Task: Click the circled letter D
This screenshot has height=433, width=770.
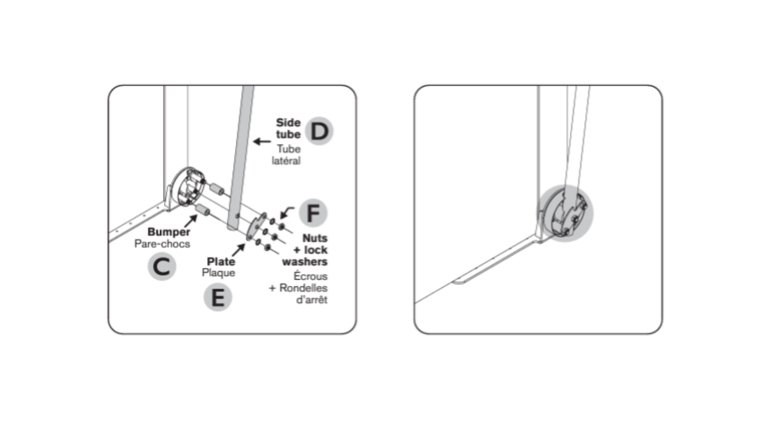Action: tap(319, 131)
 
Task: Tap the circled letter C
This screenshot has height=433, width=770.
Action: tap(162, 267)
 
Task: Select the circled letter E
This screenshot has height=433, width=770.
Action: tap(218, 297)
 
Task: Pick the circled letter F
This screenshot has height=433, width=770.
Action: tap(313, 213)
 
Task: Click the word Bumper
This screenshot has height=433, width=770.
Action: tap(169, 232)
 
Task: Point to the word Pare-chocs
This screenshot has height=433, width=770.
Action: tap(162, 244)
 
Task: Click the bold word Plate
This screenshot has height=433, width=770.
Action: tap(221, 261)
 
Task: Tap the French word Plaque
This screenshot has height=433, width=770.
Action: tap(219, 273)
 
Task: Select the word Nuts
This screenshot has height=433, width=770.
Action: tap(315, 238)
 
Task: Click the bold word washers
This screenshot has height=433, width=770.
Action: tap(305, 262)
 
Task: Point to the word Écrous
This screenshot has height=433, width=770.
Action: tap(310, 276)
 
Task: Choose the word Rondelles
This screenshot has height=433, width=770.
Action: tap(303, 288)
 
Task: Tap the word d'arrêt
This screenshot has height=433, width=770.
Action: tap(312, 299)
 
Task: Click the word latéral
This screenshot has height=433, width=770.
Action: tap(286, 161)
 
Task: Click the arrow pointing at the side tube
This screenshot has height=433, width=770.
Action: tap(262, 142)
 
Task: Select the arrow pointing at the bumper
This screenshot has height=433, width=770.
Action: tap(191, 221)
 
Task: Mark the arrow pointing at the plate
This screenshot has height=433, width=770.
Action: tap(239, 249)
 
